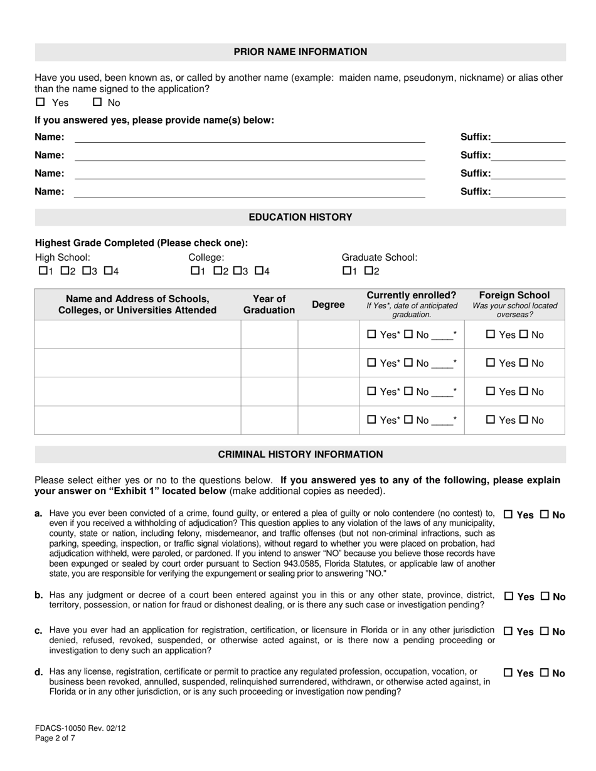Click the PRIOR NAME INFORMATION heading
(x=301, y=52)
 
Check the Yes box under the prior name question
(x=41, y=102)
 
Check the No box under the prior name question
(x=97, y=102)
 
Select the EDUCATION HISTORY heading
(x=301, y=218)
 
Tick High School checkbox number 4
(x=108, y=271)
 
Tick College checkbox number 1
(x=194, y=271)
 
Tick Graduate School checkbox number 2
(x=368, y=271)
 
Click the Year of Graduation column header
(x=269, y=305)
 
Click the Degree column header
(x=328, y=305)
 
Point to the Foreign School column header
(x=514, y=304)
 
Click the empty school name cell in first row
(x=137, y=335)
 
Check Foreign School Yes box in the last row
(x=491, y=420)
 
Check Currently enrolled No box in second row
(x=408, y=363)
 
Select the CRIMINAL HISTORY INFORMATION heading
(x=301, y=454)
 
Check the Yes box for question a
(x=509, y=515)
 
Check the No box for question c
(x=545, y=631)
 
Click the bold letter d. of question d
(x=39, y=672)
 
